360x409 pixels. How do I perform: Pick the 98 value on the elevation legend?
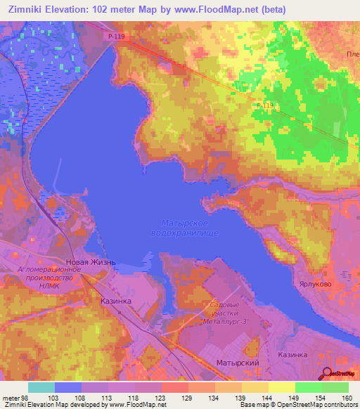[x=27, y=398]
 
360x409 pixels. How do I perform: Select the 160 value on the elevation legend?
[x=346, y=398]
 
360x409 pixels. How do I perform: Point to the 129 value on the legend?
[x=187, y=398]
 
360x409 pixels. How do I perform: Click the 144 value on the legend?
[x=267, y=398]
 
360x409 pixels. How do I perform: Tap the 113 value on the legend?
[x=108, y=398]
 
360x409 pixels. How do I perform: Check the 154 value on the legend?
[x=321, y=398]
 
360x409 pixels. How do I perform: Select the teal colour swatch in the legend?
[x=41, y=387]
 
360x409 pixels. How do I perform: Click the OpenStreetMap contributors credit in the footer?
[x=321, y=405]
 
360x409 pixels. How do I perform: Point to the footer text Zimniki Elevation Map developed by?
[x=53, y=405]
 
